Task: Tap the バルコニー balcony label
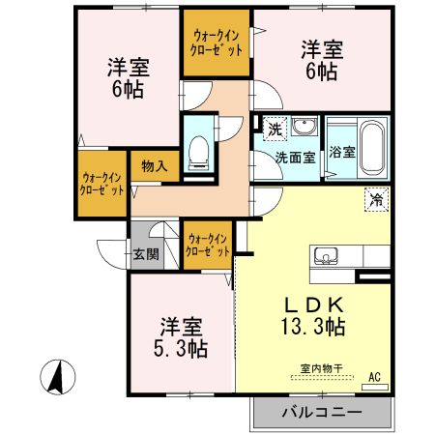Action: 322,412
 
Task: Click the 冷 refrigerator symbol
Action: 374,200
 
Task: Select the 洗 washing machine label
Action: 275,129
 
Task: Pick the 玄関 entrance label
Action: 146,256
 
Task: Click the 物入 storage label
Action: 154,165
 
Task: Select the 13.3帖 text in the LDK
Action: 311,325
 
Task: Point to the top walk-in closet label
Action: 217,43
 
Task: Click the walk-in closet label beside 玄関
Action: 208,245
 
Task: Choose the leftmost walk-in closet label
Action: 102,183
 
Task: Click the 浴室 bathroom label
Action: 341,152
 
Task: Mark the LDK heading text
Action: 311,301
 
